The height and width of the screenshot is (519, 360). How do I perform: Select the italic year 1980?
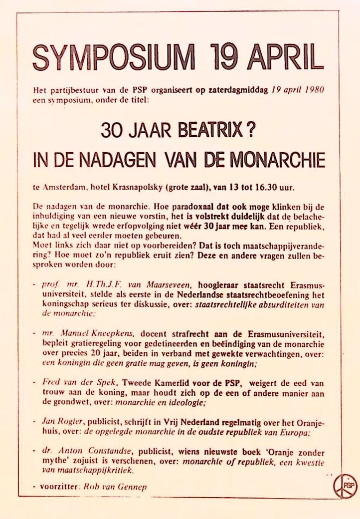[314, 92]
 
